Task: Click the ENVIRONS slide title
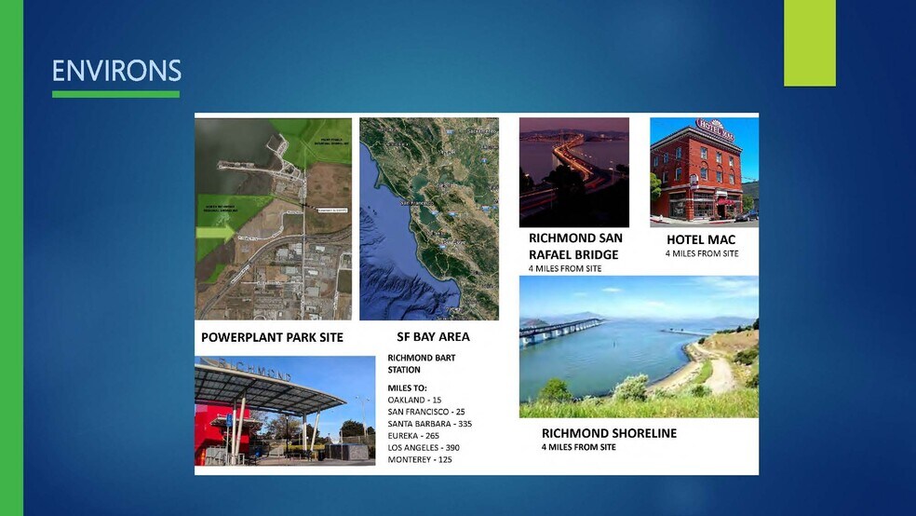click(x=116, y=71)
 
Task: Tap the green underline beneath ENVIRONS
click(x=116, y=94)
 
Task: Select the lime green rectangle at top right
click(x=809, y=43)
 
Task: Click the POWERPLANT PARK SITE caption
click(x=272, y=337)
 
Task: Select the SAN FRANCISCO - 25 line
click(x=426, y=412)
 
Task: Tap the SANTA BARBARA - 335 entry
click(x=429, y=424)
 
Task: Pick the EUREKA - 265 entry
click(x=413, y=436)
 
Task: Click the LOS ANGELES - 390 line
click(x=424, y=448)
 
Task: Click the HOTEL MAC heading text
click(x=701, y=239)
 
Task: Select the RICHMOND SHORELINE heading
click(x=609, y=433)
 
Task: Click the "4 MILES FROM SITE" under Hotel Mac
click(x=701, y=253)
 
